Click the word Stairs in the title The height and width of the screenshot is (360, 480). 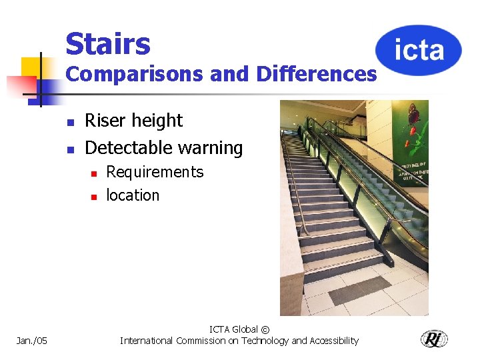[x=108, y=44]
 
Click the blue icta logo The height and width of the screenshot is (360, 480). [x=418, y=50]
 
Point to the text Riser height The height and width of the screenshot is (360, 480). [x=133, y=121]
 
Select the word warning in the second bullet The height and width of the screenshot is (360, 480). [x=212, y=147]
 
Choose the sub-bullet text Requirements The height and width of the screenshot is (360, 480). [x=155, y=172]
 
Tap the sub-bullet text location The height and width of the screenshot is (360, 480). [x=133, y=195]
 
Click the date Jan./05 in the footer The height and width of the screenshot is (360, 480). [x=32, y=341]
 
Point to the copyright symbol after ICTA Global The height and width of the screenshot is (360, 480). [x=265, y=329]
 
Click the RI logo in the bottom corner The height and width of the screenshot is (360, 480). [x=434, y=339]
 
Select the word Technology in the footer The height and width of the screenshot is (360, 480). [x=253, y=341]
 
